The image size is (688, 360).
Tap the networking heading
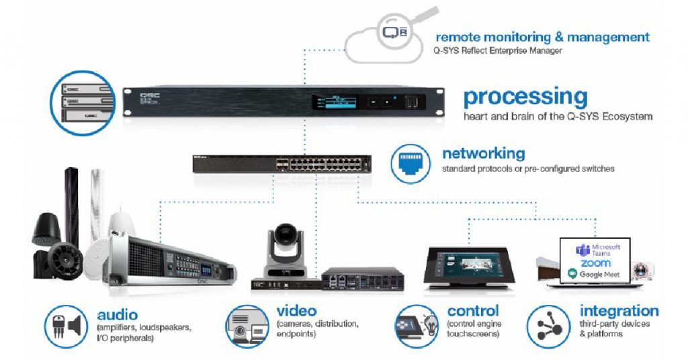483,154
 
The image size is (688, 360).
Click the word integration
619,311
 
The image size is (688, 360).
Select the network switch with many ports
282,164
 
